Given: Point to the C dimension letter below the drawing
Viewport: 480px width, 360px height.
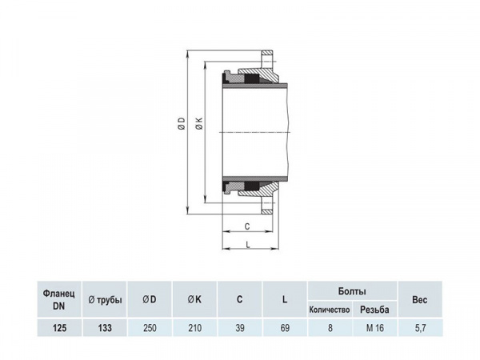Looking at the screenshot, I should point(248,226).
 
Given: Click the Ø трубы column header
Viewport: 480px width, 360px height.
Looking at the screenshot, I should point(104,299).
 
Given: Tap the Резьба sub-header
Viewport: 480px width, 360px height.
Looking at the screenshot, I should point(374,309).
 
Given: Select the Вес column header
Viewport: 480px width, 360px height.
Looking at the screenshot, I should point(420,299).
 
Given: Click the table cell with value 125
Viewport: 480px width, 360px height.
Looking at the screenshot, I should point(60,326).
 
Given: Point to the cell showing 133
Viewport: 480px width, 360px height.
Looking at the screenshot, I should point(104,326).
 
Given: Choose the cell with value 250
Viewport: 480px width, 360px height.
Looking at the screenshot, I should point(150,326).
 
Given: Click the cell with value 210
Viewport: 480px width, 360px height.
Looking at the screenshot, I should point(194,326).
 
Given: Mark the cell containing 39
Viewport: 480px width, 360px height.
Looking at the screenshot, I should point(239,326).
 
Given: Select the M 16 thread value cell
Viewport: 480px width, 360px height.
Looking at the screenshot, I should point(374,326).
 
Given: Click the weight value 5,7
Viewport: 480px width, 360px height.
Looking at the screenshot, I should point(420,326).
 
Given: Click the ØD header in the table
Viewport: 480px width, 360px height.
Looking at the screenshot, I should point(150,299).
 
